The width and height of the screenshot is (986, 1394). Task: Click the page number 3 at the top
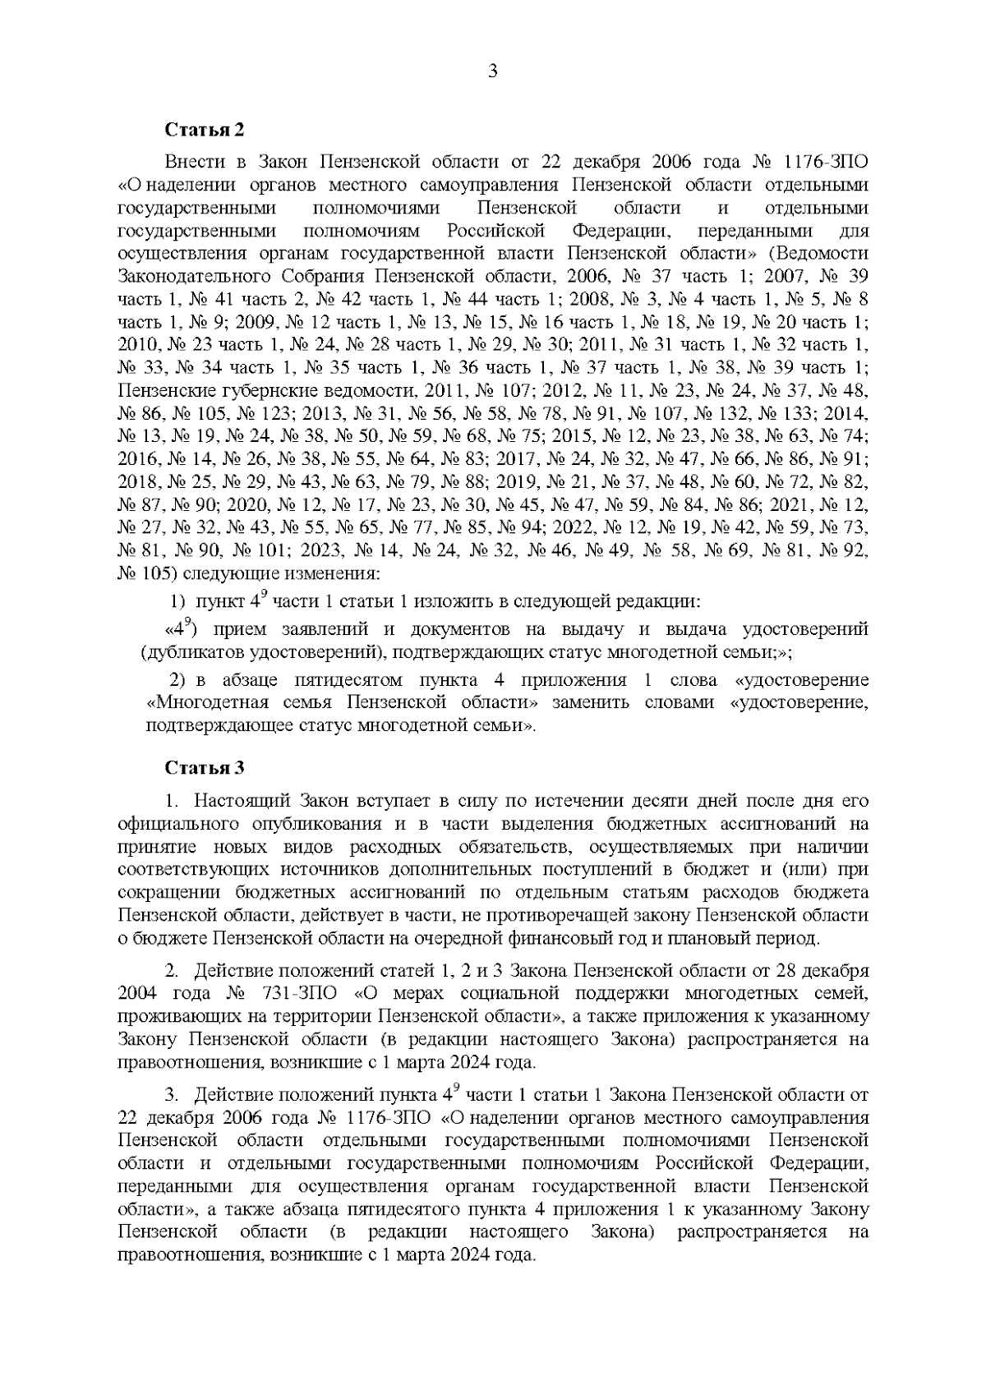[x=493, y=71]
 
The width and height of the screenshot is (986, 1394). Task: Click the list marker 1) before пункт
[x=177, y=602]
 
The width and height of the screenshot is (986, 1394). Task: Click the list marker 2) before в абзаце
[x=178, y=681]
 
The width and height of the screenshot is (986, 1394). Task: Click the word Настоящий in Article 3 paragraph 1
[x=238, y=800]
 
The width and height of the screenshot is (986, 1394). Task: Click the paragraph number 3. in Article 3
[x=172, y=1096]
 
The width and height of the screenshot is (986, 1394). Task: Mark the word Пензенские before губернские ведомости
[x=164, y=389]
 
